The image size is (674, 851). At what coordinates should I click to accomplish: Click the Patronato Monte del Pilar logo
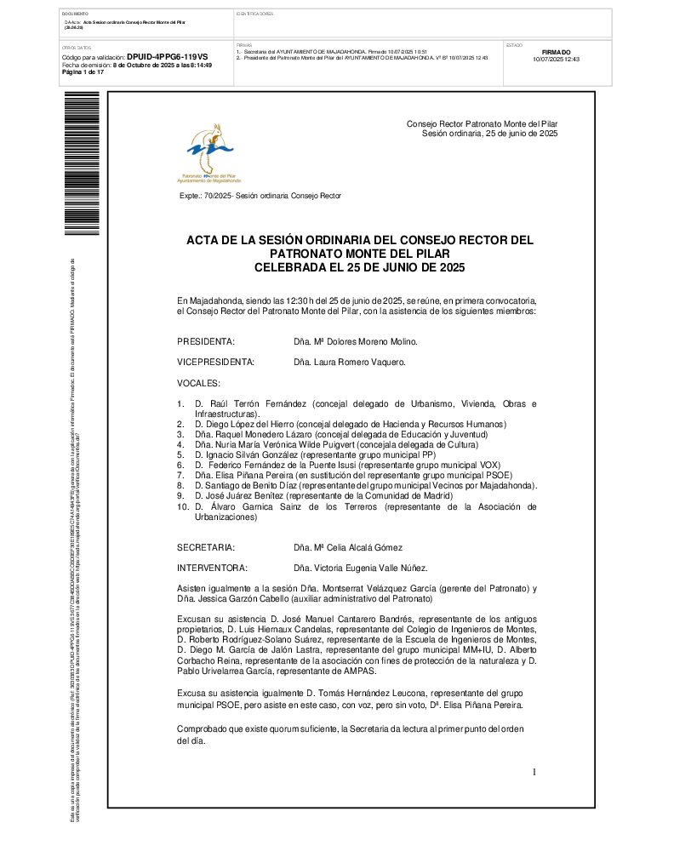coord(209,153)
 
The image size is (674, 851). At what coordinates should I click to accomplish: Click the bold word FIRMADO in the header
coord(556,52)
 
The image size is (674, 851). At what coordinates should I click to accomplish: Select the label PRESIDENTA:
coord(206,341)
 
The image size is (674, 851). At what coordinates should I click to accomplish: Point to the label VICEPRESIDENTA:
coord(216,362)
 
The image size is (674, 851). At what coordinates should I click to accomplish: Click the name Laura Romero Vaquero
coord(349,362)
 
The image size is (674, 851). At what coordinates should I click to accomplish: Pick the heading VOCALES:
coord(198,383)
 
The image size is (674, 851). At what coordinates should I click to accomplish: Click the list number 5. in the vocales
coord(180,455)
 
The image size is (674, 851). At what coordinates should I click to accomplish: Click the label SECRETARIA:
coord(206,547)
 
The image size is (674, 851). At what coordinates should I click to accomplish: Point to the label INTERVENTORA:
coord(212,568)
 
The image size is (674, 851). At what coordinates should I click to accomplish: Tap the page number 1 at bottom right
coord(534,772)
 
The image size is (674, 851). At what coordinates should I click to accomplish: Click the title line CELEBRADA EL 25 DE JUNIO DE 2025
coord(360,267)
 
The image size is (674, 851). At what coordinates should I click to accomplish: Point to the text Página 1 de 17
coord(83,72)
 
